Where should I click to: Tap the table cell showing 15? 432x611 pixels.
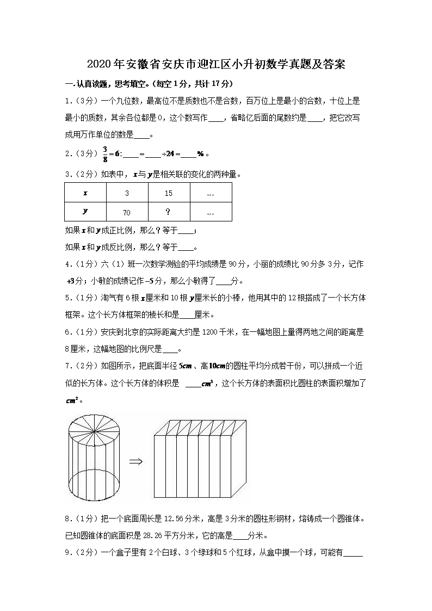[x=169, y=193]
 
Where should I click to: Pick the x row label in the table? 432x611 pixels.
[x=85, y=193]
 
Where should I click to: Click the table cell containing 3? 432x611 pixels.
[x=127, y=193]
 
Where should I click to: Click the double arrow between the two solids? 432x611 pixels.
[x=135, y=461]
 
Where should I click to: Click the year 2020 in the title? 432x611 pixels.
[x=98, y=65]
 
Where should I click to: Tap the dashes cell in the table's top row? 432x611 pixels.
[x=211, y=194]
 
